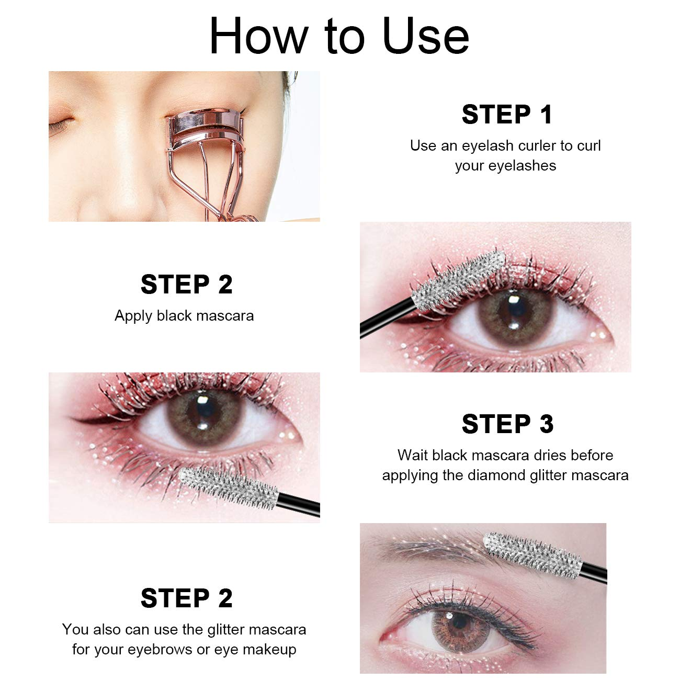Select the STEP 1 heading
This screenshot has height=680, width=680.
506,115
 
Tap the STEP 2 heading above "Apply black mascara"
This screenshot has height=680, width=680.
186,285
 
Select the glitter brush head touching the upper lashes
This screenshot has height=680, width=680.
458,280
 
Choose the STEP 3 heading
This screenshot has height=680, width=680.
506,424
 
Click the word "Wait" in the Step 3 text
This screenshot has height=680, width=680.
413,455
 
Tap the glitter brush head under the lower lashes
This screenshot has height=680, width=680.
228,487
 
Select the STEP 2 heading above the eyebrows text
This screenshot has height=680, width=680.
186,598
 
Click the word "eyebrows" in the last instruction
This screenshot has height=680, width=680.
160,649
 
